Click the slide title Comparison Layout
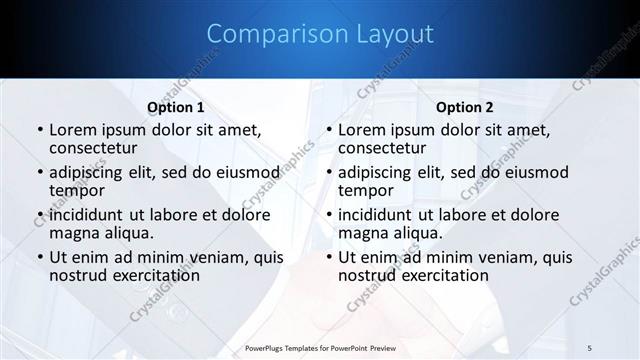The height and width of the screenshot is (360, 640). (320, 34)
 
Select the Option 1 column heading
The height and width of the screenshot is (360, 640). (176, 107)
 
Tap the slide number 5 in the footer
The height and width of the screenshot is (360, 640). (590, 347)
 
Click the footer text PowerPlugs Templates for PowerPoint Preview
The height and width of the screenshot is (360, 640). (320, 347)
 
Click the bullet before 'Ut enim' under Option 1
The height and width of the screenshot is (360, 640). (39, 257)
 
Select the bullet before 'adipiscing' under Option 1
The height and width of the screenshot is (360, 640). (39, 172)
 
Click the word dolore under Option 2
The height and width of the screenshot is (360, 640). (532, 215)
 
